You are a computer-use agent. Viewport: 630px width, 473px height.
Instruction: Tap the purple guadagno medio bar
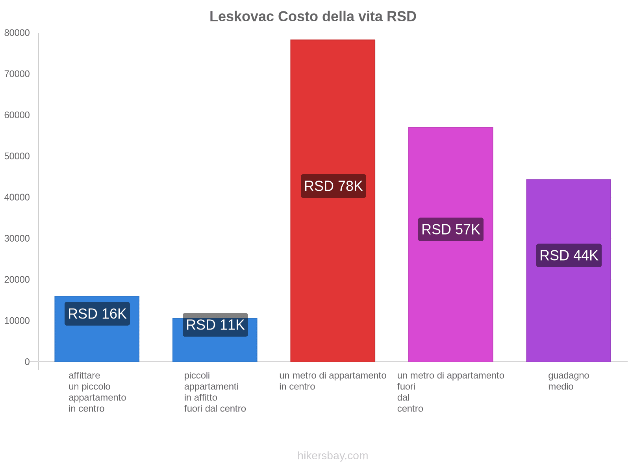click(x=568, y=307)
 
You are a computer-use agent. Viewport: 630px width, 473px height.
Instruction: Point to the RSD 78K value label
click(x=334, y=186)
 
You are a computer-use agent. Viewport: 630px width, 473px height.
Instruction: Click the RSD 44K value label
click(x=569, y=255)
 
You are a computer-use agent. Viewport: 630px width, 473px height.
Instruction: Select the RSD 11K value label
click(x=215, y=325)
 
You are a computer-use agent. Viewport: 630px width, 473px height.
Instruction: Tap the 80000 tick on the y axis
click(x=17, y=33)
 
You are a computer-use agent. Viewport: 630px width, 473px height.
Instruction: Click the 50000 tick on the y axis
click(x=17, y=156)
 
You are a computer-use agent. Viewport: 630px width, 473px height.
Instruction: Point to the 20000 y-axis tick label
click(x=17, y=280)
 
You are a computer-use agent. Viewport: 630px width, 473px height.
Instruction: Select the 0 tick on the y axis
click(x=27, y=362)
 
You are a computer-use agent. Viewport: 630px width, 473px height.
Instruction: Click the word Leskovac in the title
click(x=241, y=17)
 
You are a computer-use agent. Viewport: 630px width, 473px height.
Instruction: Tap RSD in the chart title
click(x=401, y=17)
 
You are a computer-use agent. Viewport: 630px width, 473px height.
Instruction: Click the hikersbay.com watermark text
click(x=333, y=456)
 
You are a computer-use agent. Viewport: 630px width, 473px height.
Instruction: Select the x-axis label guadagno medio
click(x=568, y=381)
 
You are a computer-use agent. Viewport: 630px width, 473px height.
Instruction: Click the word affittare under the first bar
click(x=84, y=376)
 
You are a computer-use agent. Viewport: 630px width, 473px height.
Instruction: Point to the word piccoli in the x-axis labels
click(x=197, y=376)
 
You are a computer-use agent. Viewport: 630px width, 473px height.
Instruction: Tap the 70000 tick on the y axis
click(x=17, y=74)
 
